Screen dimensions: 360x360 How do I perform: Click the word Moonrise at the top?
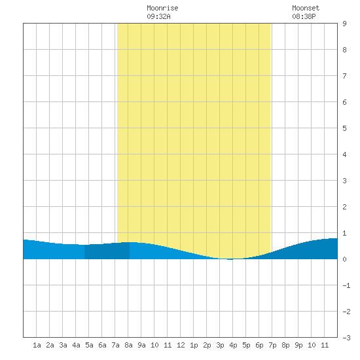pos(162,8)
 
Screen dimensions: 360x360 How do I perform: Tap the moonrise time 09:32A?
pos(158,16)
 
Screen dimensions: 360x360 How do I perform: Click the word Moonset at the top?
pos(306,8)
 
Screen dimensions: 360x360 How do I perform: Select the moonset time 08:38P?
pos(304,16)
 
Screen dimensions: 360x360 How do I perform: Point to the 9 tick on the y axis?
pos(344,24)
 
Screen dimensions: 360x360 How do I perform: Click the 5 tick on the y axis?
pos(344,128)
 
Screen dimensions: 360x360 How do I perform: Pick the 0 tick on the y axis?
pos(344,259)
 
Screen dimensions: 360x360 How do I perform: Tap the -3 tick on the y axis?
pos(346,338)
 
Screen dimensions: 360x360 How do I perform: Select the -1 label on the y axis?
pos(346,285)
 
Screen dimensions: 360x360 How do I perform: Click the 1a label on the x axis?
pos(37,345)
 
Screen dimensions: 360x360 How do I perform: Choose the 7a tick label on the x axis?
pos(115,345)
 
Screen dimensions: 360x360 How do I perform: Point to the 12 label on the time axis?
pos(181,345)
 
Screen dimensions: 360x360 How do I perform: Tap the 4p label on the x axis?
pos(233,345)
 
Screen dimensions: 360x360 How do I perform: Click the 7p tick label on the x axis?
pos(272,345)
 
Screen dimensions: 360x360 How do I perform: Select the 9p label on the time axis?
pos(298,345)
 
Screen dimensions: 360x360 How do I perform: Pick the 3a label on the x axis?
pos(63,345)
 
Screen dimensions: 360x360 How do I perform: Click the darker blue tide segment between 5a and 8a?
pos(107,251)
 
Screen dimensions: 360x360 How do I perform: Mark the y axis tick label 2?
pos(344,207)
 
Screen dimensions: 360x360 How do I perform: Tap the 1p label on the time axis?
pos(194,345)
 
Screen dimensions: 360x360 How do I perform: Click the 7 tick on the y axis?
pos(344,76)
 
